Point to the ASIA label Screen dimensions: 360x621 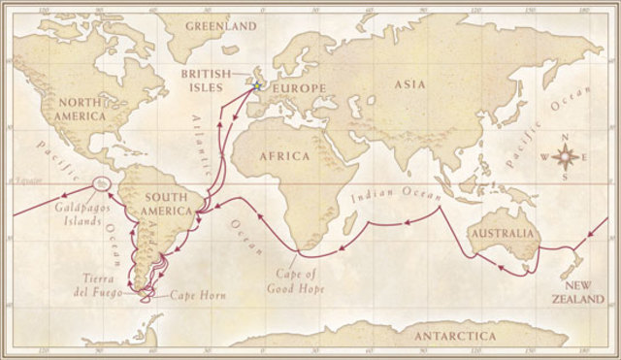[410, 84]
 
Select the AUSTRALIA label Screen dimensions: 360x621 [502, 235]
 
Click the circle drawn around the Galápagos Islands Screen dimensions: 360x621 [101, 184]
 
